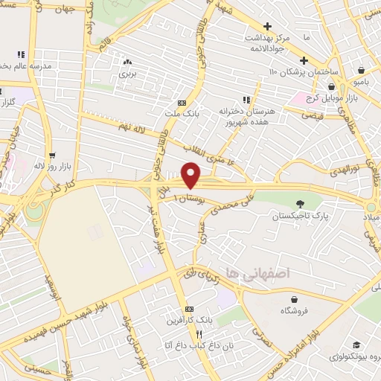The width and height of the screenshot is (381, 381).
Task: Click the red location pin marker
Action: click(x=191, y=175)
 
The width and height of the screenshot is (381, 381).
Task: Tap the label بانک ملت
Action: click(x=182, y=113)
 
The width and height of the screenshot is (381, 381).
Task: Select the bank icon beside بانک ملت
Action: click(x=182, y=103)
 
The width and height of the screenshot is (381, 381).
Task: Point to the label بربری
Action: click(x=128, y=75)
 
